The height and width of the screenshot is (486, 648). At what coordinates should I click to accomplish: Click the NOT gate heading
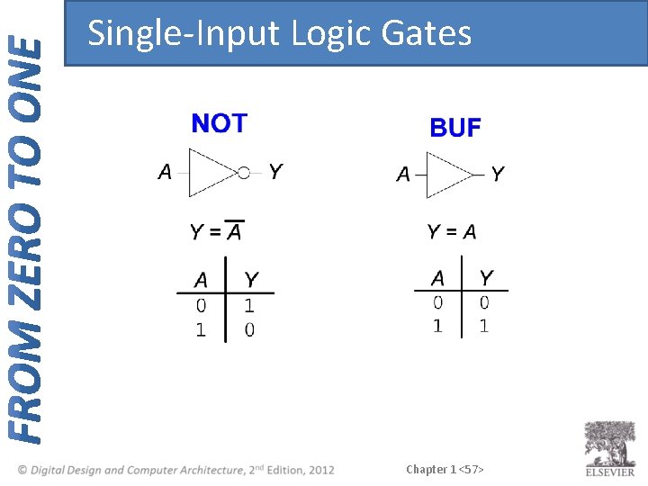pos(219,123)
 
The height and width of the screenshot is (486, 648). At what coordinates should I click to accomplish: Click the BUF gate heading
pos(455,129)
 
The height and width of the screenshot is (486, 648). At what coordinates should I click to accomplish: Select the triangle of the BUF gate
pos(447,175)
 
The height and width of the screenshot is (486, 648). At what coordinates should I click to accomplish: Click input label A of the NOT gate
pos(165,171)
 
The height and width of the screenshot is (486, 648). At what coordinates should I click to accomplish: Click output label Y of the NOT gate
pos(275,171)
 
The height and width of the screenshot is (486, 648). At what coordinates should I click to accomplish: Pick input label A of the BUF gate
pos(403,174)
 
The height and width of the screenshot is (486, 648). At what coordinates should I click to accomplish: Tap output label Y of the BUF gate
pos(498,174)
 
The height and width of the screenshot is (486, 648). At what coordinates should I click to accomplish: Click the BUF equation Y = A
pos(452,232)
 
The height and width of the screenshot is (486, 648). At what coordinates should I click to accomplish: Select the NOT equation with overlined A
pos(216,231)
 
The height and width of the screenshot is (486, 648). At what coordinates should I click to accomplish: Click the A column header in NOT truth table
pos(201,280)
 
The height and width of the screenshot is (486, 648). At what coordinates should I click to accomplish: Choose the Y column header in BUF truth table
pos(486,278)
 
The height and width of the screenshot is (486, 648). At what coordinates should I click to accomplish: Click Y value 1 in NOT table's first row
pos(249,307)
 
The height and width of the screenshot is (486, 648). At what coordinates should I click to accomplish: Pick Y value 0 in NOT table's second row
pos(249,329)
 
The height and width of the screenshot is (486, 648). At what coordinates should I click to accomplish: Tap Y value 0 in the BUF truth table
pos(484,303)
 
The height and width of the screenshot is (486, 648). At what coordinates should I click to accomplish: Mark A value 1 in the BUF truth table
pos(437,326)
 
